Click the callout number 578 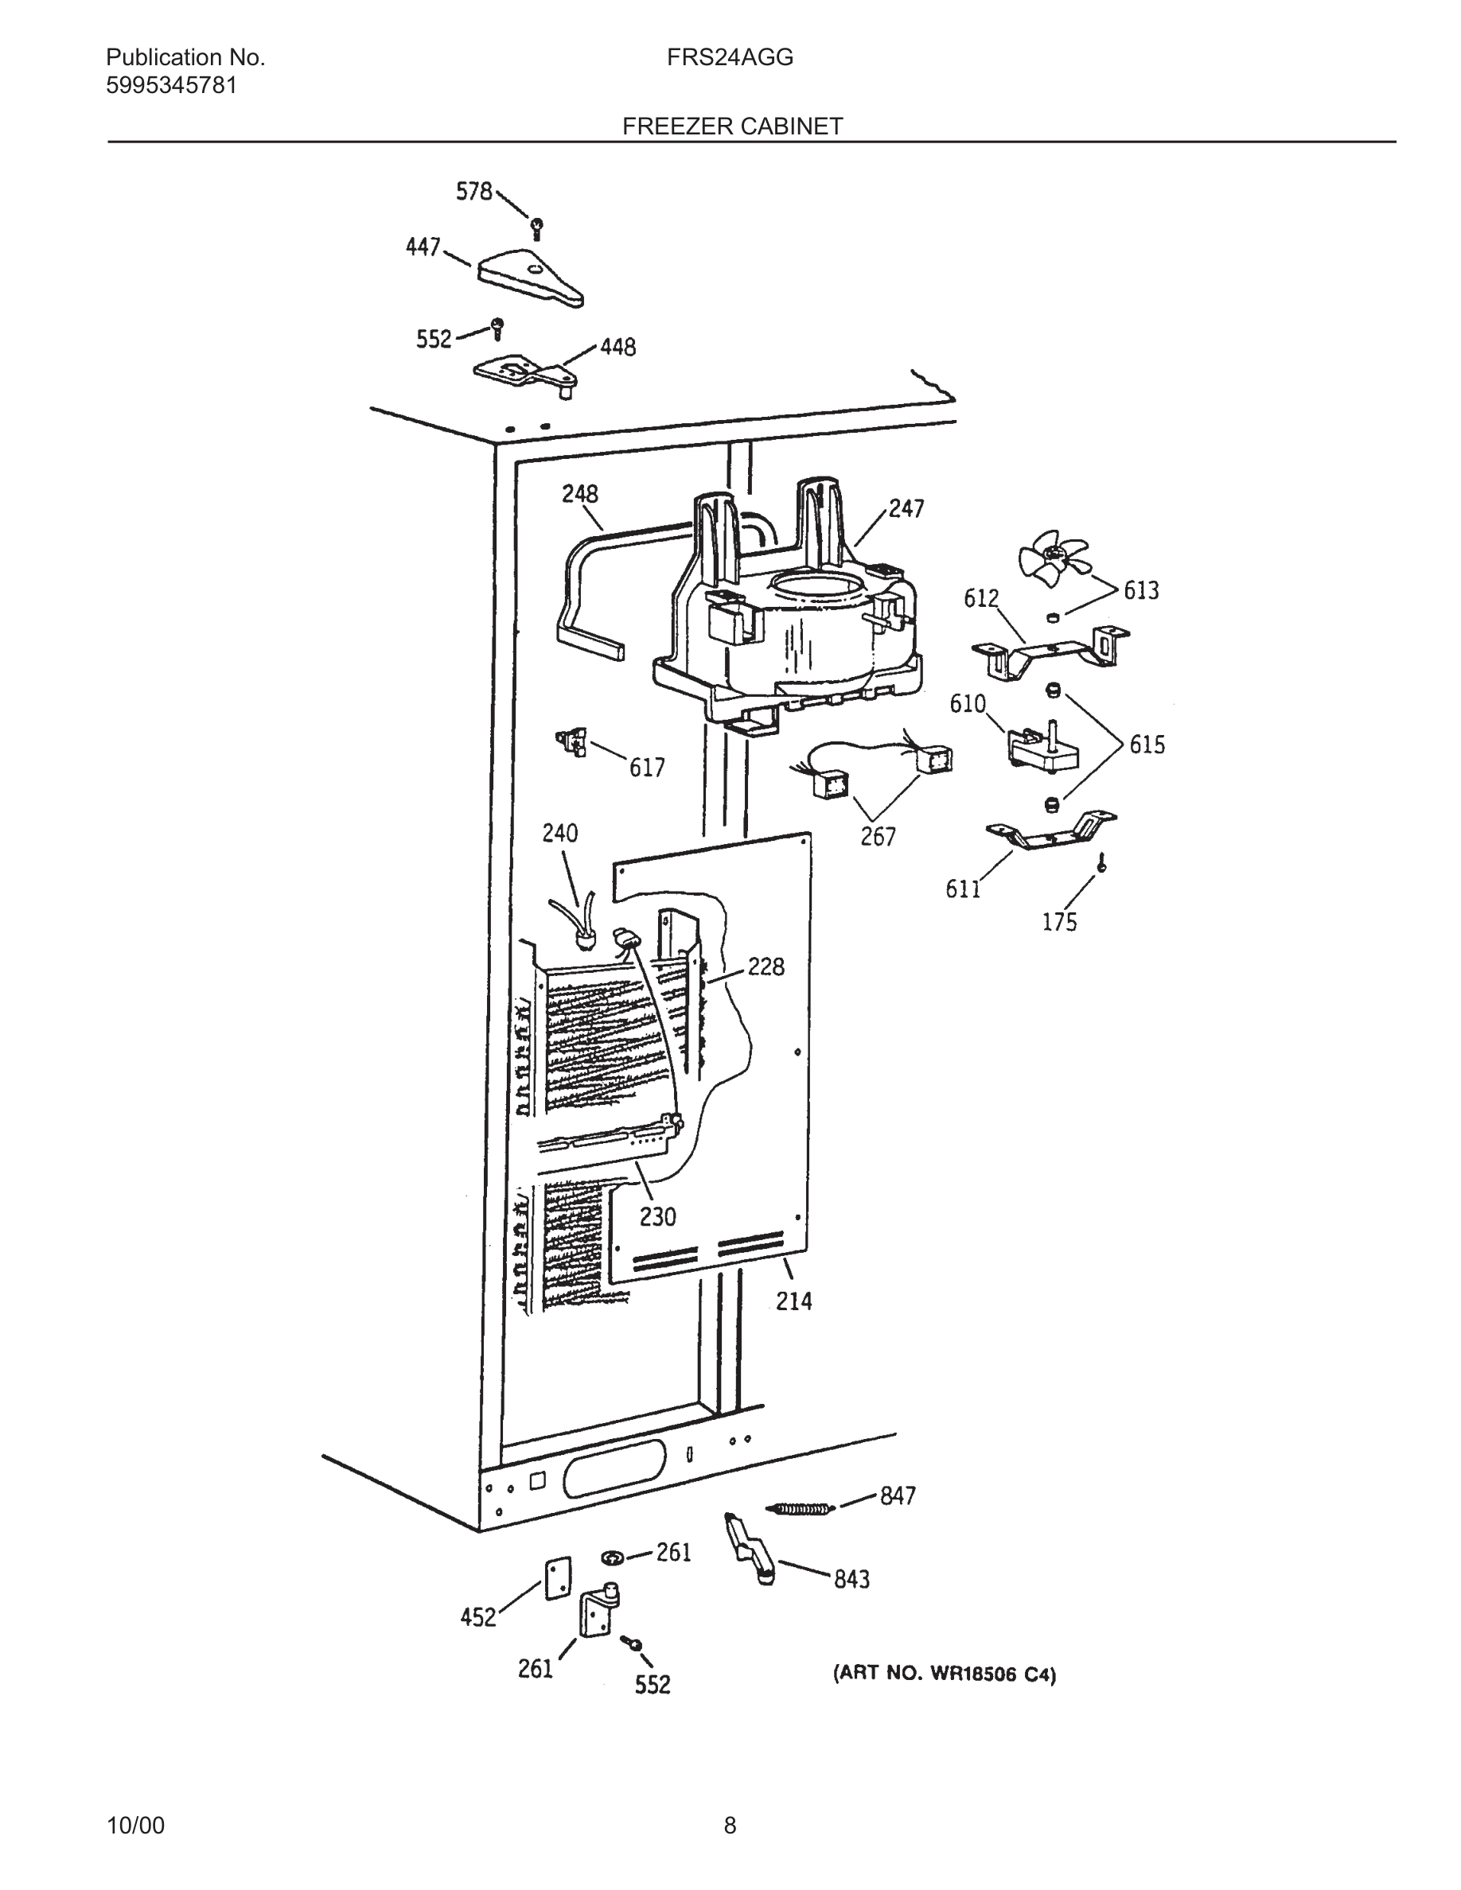point(473,191)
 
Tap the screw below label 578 point(536,228)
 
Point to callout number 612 point(980,599)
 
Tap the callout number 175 point(1059,923)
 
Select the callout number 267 point(878,837)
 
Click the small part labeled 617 point(572,742)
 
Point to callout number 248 point(579,494)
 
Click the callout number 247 point(906,509)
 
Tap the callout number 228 point(766,966)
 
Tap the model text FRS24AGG point(730,58)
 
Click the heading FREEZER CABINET point(732,126)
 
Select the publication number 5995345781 point(171,86)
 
